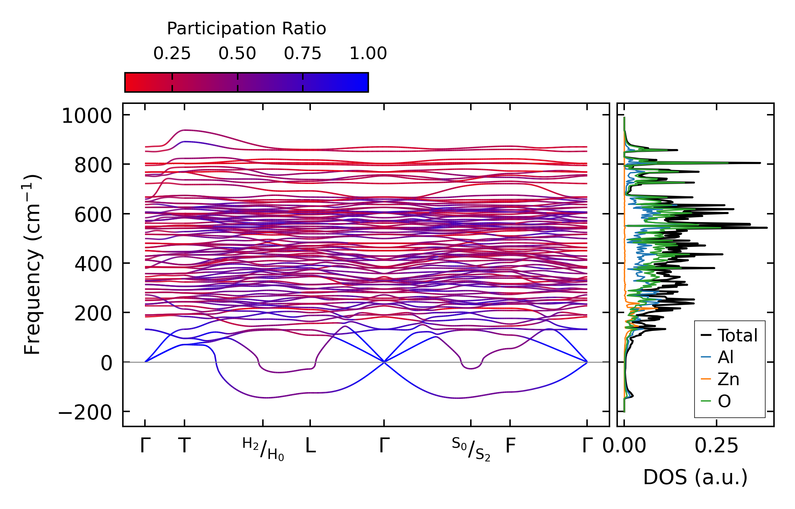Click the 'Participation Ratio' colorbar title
coord(246,29)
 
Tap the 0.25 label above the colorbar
coord(172,54)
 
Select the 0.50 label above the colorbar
coord(237,54)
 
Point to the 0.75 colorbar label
coord(302,54)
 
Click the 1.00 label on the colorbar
coord(368,54)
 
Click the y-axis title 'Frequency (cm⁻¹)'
coord(33,264)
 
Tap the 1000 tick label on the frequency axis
coord(87,116)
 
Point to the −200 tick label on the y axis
coord(85,412)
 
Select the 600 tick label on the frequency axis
coord(93,214)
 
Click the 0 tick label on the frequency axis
coord(106,363)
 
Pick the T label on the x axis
coord(184,446)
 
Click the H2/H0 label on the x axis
coord(263,449)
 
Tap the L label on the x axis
coord(311,446)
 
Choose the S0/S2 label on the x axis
coord(471,449)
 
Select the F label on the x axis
coord(510,446)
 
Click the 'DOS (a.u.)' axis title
coord(695,477)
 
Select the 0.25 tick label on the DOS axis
coord(716,446)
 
